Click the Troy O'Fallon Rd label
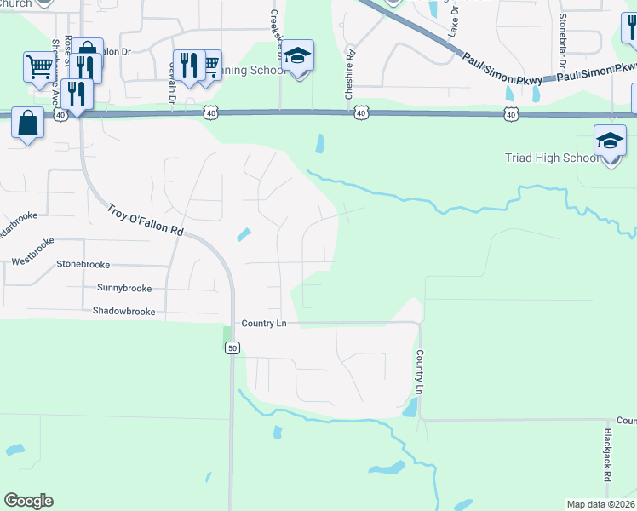(146, 219)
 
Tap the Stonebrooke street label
(84, 264)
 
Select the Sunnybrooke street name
(123, 288)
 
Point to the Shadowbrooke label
(124, 312)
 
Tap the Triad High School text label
(577, 158)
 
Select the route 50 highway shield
(232, 347)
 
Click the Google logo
(28, 501)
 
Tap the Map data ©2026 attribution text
(600, 504)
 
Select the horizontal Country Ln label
(263, 324)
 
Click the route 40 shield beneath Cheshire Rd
(361, 112)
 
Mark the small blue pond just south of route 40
(319, 144)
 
